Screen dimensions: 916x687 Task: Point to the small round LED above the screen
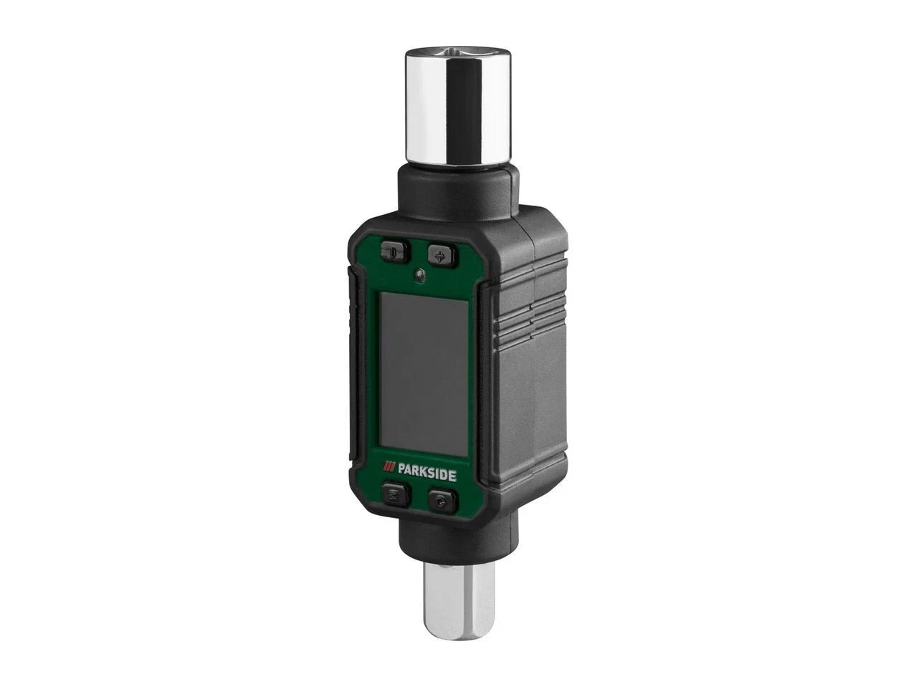(x=419, y=274)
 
